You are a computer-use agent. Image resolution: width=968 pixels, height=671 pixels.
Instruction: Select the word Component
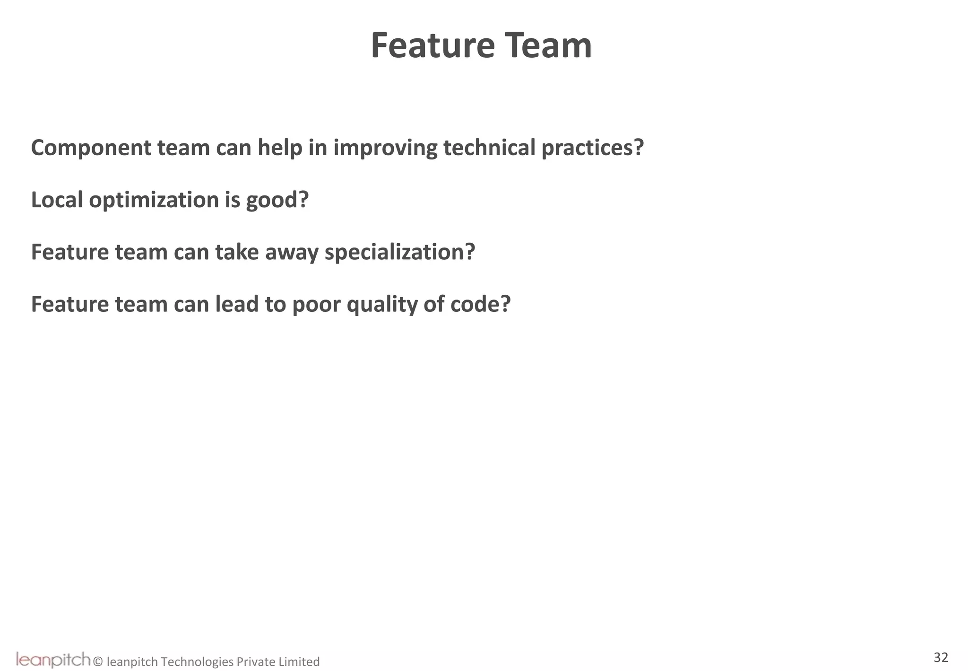tap(91, 148)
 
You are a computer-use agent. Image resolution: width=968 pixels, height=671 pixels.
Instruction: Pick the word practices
tap(592, 148)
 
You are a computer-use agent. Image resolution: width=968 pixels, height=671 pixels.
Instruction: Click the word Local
tap(57, 200)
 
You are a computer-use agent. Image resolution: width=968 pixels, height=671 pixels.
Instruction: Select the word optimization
tap(154, 201)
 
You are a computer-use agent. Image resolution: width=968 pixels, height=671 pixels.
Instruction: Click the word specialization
tap(399, 252)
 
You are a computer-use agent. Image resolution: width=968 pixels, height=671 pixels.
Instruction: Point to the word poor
tap(316, 305)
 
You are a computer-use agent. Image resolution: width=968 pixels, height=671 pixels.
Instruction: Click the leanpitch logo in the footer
tap(53, 659)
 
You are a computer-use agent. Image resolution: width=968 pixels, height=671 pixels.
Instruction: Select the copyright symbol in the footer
tap(98, 662)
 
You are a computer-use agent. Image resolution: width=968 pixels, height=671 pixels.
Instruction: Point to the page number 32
tap(941, 657)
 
